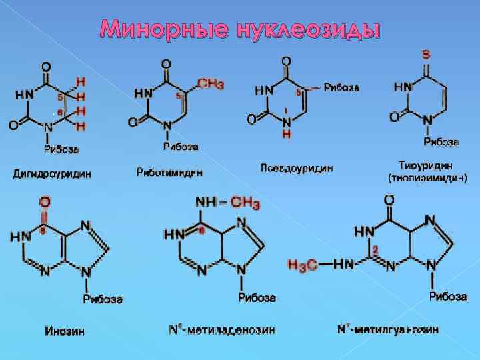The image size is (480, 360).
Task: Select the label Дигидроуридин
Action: pyautogui.click(x=52, y=174)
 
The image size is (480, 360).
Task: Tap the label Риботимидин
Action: pyautogui.click(x=169, y=172)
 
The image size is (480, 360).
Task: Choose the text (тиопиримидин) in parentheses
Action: pyautogui.click(x=427, y=178)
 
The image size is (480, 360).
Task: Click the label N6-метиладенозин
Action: pyautogui.click(x=221, y=329)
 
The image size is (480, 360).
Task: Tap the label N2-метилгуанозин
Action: pyautogui.click(x=387, y=329)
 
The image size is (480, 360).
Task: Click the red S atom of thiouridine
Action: pyautogui.click(x=426, y=53)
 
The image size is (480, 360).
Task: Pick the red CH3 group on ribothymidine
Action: pyautogui.click(x=210, y=84)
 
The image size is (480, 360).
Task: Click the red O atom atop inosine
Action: pyautogui.click(x=45, y=201)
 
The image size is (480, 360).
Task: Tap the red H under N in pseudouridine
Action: pyautogui.click(x=286, y=134)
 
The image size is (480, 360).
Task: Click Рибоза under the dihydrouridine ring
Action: pyautogui.click(x=61, y=147)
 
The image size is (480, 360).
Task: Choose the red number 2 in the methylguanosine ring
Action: pyautogui.click(x=375, y=249)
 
